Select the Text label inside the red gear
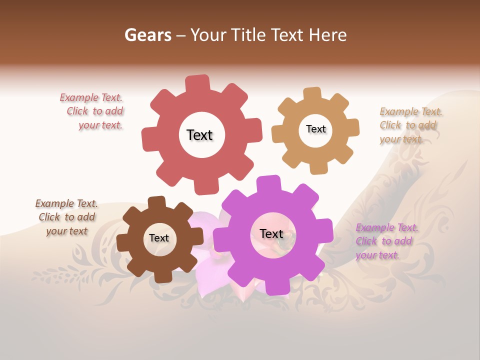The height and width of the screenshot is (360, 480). click(199, 135)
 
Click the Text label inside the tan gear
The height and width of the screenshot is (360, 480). click(315, 129)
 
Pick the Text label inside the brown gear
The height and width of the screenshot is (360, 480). click(158, 238)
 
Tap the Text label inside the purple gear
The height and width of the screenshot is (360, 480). click(271, 233)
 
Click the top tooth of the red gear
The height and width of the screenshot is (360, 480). click(197, 83)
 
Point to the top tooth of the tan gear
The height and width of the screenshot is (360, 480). click(312, 94)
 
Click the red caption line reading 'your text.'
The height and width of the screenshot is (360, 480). click(100, 125)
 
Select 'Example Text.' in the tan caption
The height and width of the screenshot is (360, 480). click(411, 111)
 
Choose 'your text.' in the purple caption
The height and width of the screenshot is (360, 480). click(377, 255)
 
